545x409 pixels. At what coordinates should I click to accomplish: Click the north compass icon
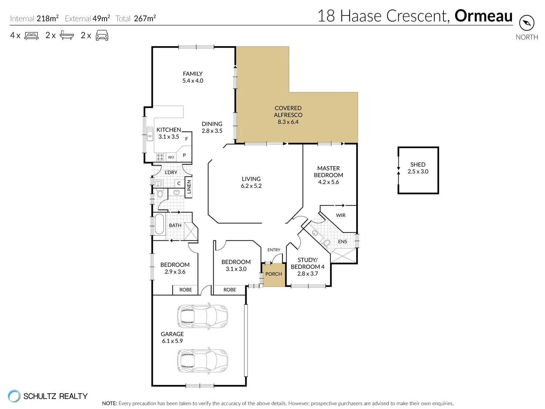click(x=526, y=23)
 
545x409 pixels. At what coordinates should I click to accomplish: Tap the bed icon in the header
click(x=31, y=36)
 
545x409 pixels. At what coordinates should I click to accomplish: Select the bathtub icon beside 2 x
click(x=67, y=35)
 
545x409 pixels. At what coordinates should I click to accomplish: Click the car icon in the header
click(x=102, y=36)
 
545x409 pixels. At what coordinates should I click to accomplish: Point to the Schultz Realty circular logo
click(x=14, y=396)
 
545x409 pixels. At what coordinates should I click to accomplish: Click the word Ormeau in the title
click(x=484, y=16)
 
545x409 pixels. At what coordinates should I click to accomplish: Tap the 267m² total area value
click(x=145, y=18)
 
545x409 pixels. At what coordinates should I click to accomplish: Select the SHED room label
click(x=418, y=164)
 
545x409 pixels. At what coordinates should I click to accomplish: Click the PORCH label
click(x=274, y=274)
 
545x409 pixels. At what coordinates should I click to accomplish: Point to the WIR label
click(x=341, y=215)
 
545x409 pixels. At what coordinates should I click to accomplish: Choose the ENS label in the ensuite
click(x=342, y=241)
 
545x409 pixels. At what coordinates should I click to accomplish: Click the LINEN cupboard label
click(x=189, y=187)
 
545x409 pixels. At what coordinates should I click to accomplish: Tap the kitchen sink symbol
click(x=150, y=134)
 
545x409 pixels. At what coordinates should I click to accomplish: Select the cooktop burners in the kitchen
click(x=160, y=157)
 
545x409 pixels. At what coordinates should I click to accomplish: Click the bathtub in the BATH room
click(x=159, y=224)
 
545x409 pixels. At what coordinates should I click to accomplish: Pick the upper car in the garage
click(x=203, y=316)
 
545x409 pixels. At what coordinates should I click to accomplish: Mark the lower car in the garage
click(x=203, y=361)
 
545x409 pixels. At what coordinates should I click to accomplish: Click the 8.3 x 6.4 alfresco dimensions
click(x=288, y=122)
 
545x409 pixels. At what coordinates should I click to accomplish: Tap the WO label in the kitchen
click(x=171, y=157)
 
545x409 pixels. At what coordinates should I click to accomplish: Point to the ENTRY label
click(x=274, y=250)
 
